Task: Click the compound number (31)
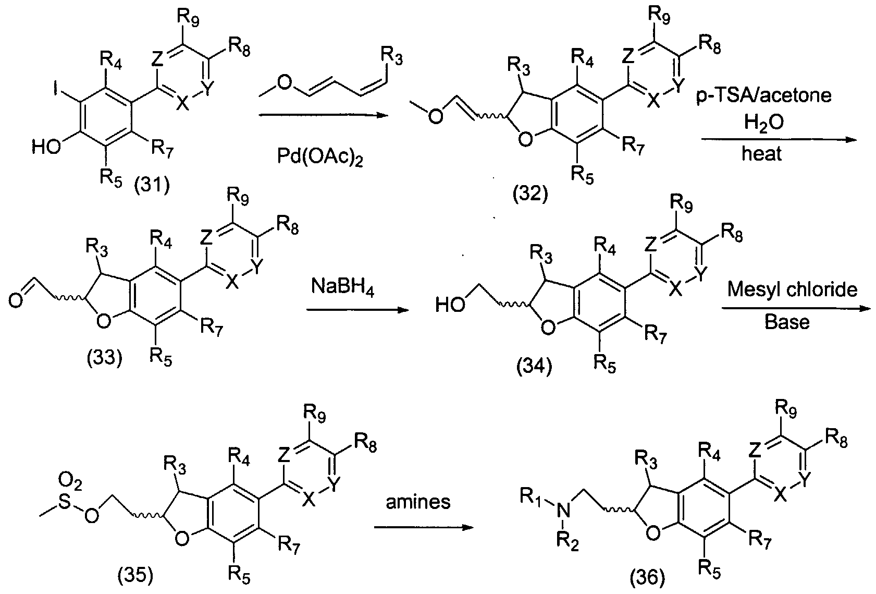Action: pyautogui.click(x=152, y=185)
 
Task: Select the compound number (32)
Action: pyautogui.click(x=530, y=193)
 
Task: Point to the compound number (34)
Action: pyautogui.click(x=534, y=367)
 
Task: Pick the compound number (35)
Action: pyautogui.click(x=135, y=575)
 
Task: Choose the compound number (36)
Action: pyautogui.click(x=647, y=577)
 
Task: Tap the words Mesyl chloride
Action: pyautogui.click(x=792, y=290)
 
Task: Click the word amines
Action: pyautogui.click(x=418, y=502)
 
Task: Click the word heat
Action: pyautogui.click(x=762, y=153)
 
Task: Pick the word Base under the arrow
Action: pyautogui.click(x=787, y=322)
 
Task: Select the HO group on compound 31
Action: pyautogui.click(x=46, y=148)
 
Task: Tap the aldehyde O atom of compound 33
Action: pyautogui.click(x=15, y=301)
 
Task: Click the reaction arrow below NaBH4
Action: pyautogui.click(x=357, y=310)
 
